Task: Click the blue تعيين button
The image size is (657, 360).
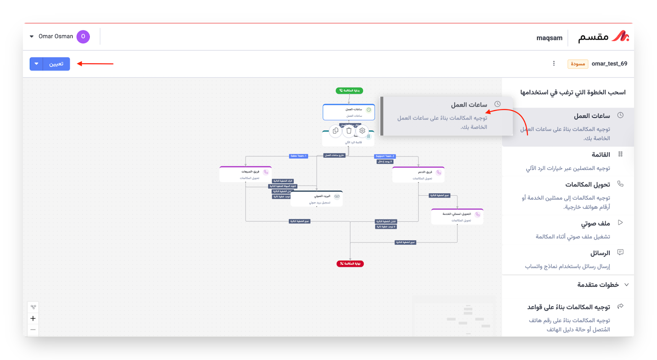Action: (56, 64)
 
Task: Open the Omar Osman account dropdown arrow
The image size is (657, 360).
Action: (32, 37)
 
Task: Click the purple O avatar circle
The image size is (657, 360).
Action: (83, 37)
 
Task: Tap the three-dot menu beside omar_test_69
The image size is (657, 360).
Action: (554, 63)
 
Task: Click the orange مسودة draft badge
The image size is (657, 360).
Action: (578, 64)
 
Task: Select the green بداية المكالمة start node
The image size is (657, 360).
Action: (349, 90)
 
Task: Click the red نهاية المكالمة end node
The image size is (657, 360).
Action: (350, 263)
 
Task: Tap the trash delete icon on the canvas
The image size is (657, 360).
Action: (349, 131)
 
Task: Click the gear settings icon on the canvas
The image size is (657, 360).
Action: (362, 131)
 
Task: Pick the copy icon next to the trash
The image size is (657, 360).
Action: (335, 131)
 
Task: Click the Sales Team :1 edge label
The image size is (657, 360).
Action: (298, 156)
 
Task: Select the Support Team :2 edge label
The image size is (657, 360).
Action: (385, 156)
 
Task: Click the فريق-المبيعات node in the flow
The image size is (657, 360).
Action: (246, 174)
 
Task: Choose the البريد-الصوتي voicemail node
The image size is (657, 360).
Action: (317, 199)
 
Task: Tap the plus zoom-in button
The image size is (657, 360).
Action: (33, 318)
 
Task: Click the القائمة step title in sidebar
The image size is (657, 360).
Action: (600, 155)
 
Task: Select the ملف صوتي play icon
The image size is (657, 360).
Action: (620, 223)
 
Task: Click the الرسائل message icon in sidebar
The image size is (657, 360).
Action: (620, 252)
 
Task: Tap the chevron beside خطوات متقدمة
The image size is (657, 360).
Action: (626, 285)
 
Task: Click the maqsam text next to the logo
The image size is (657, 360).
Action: (549, 38)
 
